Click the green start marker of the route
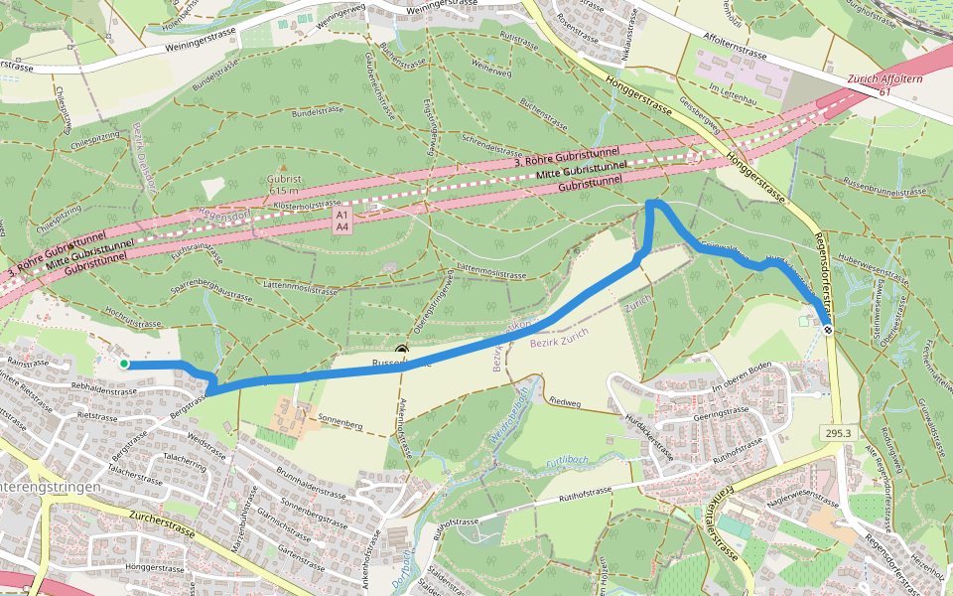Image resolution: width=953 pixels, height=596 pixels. coord(124,365)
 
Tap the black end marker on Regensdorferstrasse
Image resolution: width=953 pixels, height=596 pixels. coord(827,330)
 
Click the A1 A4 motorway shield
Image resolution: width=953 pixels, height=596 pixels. coord(341,221)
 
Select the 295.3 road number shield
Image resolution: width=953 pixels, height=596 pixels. coord(836,433)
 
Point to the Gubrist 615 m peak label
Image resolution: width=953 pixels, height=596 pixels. coord(283,184)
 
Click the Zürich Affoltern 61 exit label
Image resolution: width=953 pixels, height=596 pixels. coord(880,84)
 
